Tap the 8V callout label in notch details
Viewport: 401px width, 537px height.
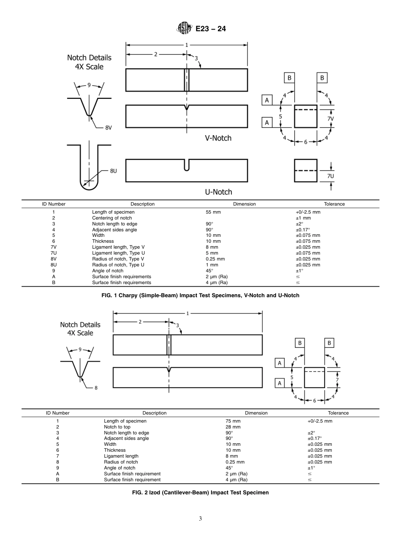click(x=108, y=128)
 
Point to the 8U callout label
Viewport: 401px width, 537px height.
click(x=114, y=171)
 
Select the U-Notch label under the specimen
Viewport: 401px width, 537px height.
click(x=218, y=192)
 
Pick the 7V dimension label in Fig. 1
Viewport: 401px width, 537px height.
click(x=331, y=119)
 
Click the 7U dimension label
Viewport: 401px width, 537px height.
click(x=331, y=175)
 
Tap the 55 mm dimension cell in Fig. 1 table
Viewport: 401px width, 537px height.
click(x=213, y=212)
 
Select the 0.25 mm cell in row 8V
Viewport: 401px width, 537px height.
click(x=215, y=259)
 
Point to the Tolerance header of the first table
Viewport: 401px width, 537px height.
click(x=334, y=204)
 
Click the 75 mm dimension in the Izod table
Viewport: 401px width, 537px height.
click(x=233, y=421)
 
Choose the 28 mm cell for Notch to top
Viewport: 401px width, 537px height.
click(x=233, y=427)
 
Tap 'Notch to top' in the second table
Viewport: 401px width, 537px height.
click(x=118, y=427)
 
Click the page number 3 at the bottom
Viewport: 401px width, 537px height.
click(x=200, y=519)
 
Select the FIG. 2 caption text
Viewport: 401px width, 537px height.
click(x=200, y=492)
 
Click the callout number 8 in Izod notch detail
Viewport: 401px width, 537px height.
click(x=96, y=388)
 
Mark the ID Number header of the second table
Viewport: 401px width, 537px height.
click(x=58, y=413)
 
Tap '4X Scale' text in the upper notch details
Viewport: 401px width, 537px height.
click(x=86, y=67)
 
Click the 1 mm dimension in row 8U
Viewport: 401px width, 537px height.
click(x=212, y=265)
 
